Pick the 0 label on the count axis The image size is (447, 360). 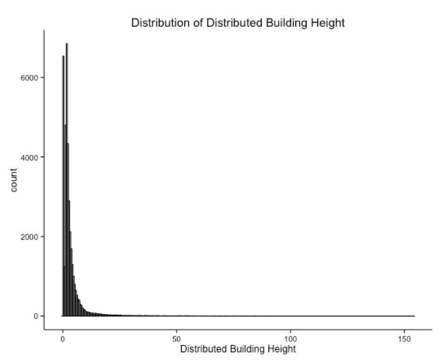(35, 316)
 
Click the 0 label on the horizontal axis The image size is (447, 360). (62, 339)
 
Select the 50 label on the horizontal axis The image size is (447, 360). (176, 339)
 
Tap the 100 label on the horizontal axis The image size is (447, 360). (290, 339)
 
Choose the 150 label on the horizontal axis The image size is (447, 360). (404, 339)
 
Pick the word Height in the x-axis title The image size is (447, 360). (284, 350)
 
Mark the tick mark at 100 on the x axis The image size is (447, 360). (290, 332)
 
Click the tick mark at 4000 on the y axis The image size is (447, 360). (42, 157)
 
